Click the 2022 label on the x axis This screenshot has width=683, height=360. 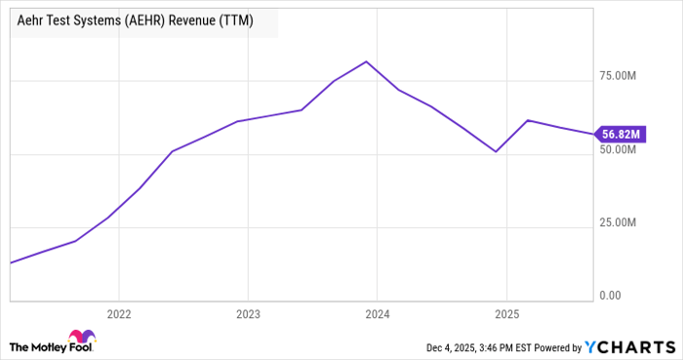pos(118,315)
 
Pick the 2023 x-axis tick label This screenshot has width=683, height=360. pos(248,315)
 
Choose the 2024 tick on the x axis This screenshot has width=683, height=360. pos(378,315)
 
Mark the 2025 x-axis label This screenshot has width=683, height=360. pos(506,315)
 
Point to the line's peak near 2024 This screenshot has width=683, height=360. pos(365,61)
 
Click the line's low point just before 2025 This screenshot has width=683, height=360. pos(497,151)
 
